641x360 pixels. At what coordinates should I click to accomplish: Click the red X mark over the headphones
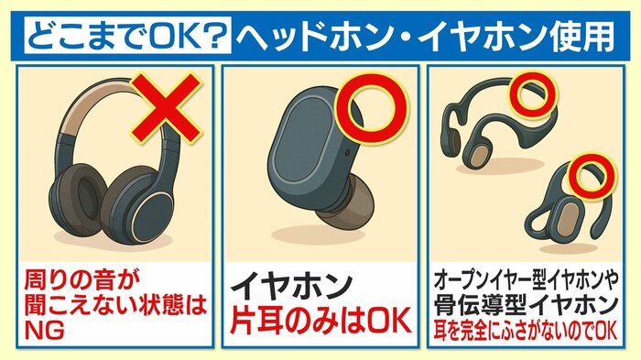166,108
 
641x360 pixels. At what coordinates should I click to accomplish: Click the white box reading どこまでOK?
127,35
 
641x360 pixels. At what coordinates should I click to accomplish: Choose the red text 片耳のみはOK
320,321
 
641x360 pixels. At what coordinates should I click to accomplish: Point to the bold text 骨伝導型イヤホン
526,305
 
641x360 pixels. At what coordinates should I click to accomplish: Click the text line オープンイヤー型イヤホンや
526,280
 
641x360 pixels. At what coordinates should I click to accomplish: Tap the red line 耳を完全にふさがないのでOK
526,331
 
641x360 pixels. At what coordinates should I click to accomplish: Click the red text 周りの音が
81,280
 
